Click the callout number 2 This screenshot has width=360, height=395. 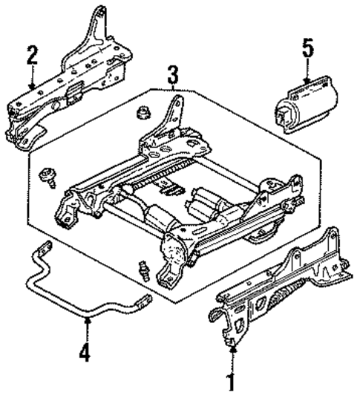(30, 55)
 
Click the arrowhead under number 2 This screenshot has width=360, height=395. (30, 87)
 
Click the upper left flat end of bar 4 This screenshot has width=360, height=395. (42, 253)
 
